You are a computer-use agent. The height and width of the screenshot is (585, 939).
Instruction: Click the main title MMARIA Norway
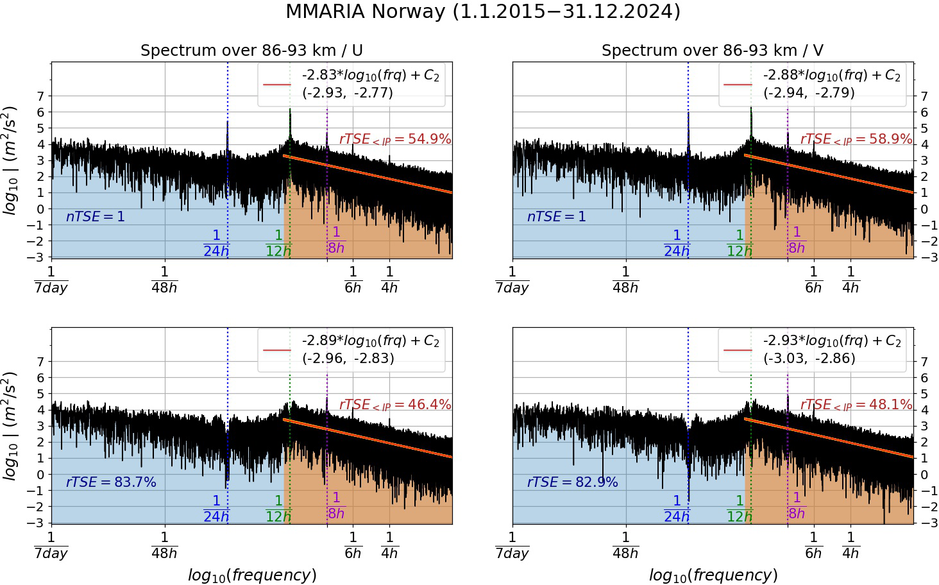[x=482, y=12]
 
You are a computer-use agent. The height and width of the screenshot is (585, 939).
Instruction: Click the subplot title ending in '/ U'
[x=251, y=51]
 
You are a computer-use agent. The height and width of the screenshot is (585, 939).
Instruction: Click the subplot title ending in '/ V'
[x=712, y=51]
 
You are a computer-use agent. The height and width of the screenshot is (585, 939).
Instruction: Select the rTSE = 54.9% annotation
[x=395, y=139]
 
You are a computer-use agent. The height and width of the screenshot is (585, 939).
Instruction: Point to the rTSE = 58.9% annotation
[x=856, y=139]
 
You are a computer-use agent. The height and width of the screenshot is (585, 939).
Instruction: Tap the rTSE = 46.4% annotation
[x=395, y=405]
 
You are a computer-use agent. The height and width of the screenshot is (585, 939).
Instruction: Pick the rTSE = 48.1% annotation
[x=856, y=405]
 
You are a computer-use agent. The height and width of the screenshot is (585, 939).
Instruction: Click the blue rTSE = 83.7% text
[x=111, y=482]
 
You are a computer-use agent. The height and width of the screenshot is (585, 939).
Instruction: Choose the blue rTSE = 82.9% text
[x=572, y=482]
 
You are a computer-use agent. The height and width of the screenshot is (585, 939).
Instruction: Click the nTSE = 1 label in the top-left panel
[x=96, y=217]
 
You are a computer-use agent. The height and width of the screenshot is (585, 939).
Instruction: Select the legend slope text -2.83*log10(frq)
[x=371, y=75]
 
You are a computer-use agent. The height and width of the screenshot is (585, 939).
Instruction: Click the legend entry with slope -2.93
[x=832, y=341]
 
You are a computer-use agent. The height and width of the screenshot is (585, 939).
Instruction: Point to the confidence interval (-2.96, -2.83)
[x=348, y=358]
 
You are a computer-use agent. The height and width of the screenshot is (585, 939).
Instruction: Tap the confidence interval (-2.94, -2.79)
[x=809, y=92]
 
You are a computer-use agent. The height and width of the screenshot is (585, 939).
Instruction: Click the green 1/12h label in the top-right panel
[x=740, y=244]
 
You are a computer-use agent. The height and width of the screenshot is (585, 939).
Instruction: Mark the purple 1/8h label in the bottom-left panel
[x=335, y=506]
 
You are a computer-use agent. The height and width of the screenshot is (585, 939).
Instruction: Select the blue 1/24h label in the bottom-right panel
[x=677, y=509]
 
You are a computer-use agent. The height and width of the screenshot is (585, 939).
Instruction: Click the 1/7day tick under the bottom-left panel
[x=51, y=545]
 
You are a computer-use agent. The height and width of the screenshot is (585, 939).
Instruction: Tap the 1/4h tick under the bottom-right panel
[x=850, y=545]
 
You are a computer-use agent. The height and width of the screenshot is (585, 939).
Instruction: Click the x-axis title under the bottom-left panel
[x=252, y=575]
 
